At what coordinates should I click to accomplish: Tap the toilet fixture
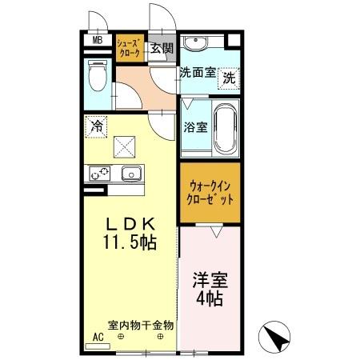96,77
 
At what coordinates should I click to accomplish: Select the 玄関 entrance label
162,48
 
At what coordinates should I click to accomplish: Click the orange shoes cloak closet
130,49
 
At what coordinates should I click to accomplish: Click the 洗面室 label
198,72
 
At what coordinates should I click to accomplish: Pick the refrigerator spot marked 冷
95,126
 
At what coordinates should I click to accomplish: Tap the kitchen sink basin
130,173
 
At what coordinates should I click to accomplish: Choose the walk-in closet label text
207,194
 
